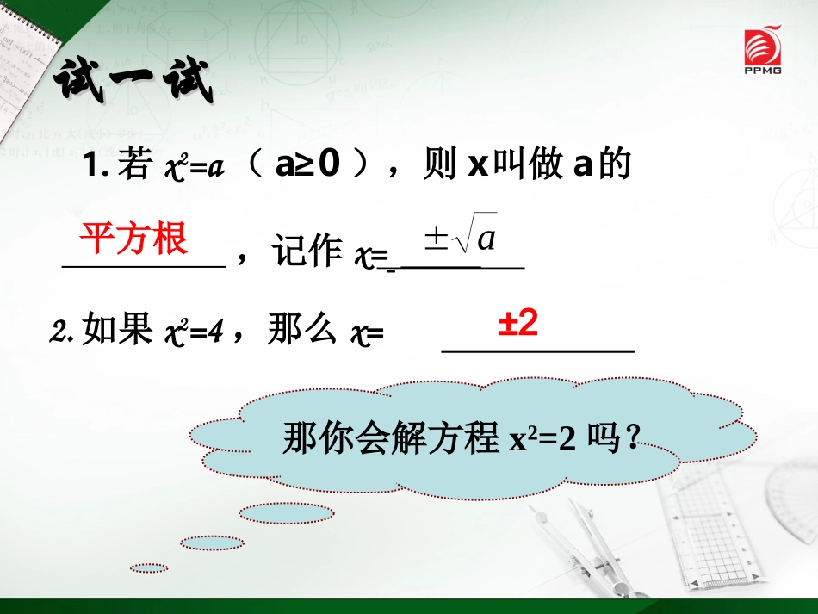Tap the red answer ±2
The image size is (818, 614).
(518, 324)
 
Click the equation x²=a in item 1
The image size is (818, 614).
(193, 167)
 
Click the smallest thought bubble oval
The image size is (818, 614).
(149, 567)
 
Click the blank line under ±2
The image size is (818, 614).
(537, 351)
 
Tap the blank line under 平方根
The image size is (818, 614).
(144, 267)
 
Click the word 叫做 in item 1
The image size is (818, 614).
(527, 166)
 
